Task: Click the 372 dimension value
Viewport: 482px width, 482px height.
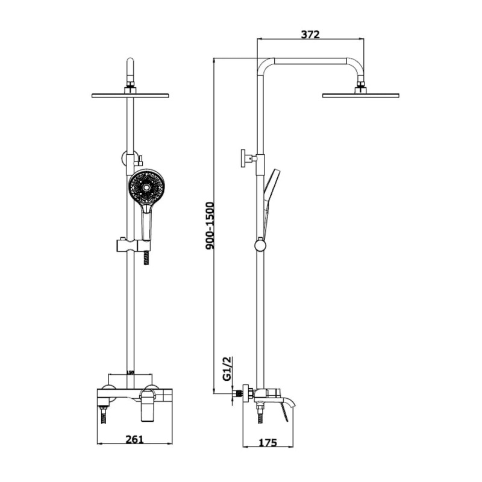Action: click(x=310, y=34)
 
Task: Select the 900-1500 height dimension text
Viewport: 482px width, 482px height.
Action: click(x=210, y=225)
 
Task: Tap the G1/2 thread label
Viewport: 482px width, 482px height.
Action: click(x=228, y=368)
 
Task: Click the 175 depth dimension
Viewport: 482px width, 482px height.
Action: click(x=268, y=443)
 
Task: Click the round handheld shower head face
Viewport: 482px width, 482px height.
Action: click(x=146, y=187)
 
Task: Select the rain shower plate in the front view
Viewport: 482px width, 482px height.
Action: click(x=130, y=95)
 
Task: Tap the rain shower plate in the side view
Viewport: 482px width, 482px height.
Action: click(x=360, y=95)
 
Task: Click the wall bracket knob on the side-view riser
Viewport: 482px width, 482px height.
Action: click(x=245, y=158)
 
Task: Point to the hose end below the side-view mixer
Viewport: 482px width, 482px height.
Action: click(x=260, y=415)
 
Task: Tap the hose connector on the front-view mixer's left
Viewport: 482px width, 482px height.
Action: click(x=104, y=415)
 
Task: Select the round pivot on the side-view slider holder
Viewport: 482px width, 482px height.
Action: click(x=260, y=245)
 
